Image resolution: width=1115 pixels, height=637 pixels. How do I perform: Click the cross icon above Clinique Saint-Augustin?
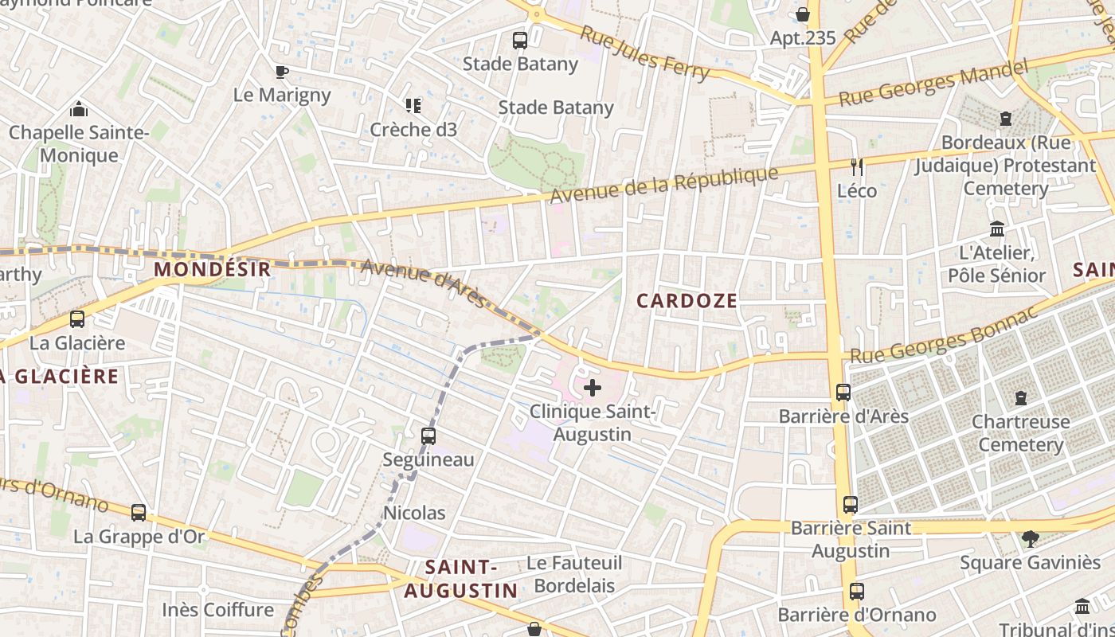click(593, 389)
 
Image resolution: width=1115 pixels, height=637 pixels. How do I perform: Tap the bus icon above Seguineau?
click(428, 436)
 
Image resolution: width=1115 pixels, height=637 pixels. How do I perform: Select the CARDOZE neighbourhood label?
click(687, 300)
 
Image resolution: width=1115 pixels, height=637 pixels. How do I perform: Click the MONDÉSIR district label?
click(213, 269)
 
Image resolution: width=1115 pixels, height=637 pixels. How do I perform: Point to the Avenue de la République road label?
click(663, 185)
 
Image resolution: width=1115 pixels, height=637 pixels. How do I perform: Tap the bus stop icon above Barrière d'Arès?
click(843, 393)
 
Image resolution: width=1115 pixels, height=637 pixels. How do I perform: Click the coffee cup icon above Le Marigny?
click(282, 72)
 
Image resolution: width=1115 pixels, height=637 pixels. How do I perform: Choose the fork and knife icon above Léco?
click(857, 167)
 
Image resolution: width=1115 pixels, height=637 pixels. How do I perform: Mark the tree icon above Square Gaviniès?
click(1030, 539)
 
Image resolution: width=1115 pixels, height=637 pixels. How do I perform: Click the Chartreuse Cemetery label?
click(1021, 432)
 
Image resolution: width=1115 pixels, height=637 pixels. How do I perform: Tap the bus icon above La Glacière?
click(77, 319)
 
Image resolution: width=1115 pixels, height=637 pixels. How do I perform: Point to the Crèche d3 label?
click(413, 129)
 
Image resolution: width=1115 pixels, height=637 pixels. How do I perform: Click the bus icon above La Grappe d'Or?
click(139, 513)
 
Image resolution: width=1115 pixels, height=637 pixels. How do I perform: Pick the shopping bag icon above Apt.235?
click(803, 14)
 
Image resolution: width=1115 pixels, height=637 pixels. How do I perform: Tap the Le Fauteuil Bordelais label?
click(574, 574)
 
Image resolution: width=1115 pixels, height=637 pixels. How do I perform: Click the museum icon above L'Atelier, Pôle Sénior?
click(996, 230)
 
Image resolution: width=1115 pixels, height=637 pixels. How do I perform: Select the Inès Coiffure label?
click(217, 610)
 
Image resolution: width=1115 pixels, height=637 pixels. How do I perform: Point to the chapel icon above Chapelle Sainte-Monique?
click(79, 109)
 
